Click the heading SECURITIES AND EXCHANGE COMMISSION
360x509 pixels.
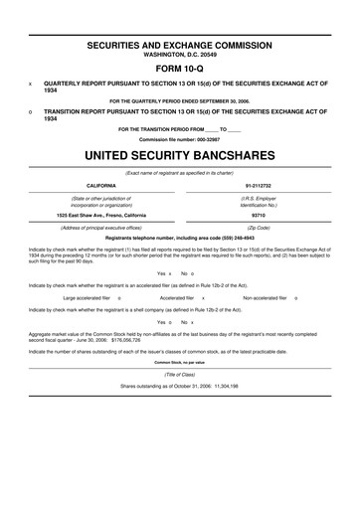pyautogui.click(x=180, y=47)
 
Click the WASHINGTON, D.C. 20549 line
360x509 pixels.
pyautogui.click(x=180, y=57)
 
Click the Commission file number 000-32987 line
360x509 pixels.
pyautogui.click(x=180, y=139)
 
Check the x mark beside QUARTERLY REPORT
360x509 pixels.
pyautogui.click(x=30, y=85)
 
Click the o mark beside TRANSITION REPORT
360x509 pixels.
pyautogui.click(x=30, y=112)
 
